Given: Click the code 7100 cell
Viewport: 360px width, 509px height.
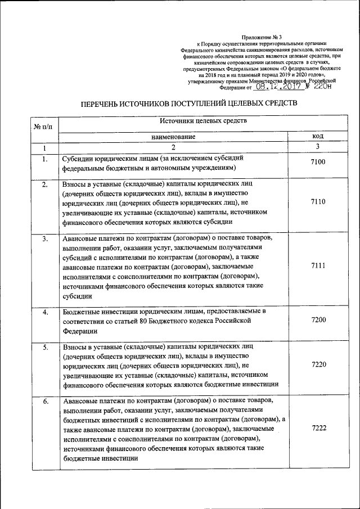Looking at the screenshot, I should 318,163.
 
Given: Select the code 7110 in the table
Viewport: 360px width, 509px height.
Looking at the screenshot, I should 318,202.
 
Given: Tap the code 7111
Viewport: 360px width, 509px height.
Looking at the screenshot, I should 318,266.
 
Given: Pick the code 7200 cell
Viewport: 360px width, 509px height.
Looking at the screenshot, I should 318,319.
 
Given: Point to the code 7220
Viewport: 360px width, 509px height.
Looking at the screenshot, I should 318,364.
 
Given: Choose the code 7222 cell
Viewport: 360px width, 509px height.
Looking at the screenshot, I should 318,429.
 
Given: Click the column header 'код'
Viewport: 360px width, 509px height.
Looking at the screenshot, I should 318,137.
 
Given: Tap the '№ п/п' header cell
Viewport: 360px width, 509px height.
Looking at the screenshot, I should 43,127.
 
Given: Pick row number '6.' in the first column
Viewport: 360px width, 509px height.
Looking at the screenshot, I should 44,402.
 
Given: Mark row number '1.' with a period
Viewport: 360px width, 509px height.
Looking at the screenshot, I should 44,159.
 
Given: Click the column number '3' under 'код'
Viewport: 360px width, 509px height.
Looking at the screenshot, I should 318,147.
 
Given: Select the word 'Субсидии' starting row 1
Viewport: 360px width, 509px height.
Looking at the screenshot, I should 79,159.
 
